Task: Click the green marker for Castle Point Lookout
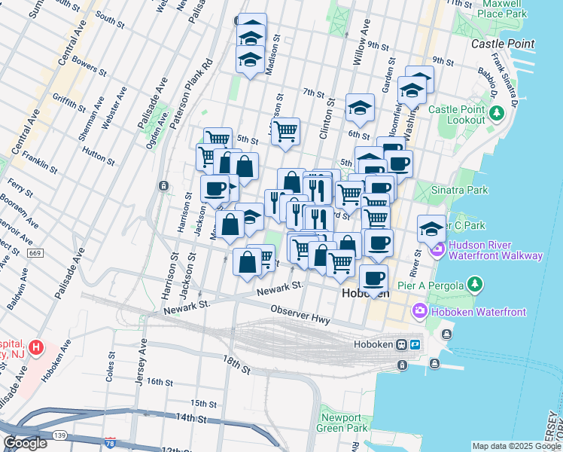pos(496,113)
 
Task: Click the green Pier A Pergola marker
pos(474,284)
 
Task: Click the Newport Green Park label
pos(344,423)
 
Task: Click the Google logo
pos(26,443)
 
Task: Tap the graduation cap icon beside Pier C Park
pos(431,228)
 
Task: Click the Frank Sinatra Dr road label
pos(505,72)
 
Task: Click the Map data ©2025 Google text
pos(516,447)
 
